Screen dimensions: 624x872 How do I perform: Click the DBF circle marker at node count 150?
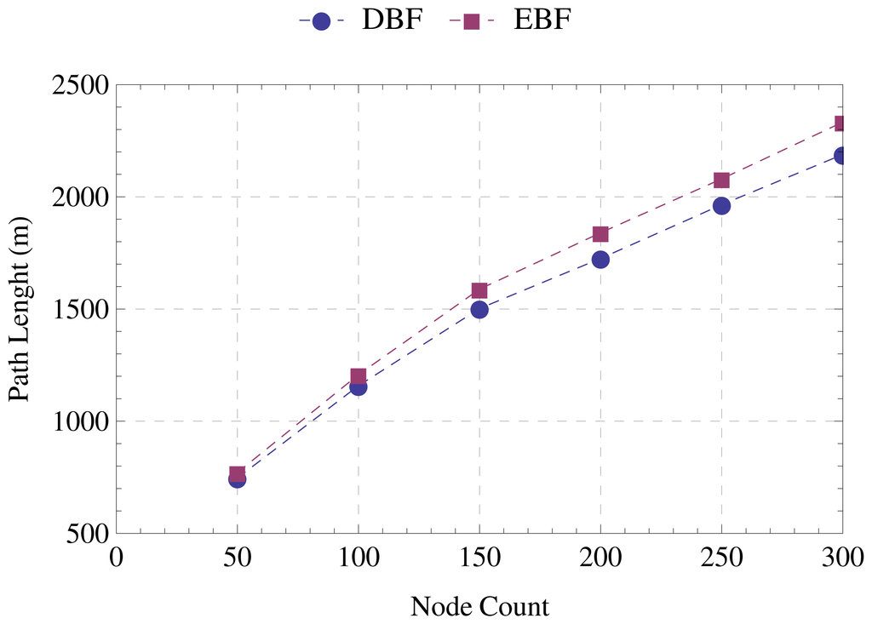479,309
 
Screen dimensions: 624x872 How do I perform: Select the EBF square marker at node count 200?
600,234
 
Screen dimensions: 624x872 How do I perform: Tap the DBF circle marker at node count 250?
721,205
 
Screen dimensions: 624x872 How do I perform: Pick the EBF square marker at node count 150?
479,290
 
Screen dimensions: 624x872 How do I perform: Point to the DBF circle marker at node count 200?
600,259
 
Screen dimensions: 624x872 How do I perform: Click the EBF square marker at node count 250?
721,180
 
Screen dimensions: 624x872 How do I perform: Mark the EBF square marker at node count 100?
358,375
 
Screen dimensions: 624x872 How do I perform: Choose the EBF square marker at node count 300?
840,123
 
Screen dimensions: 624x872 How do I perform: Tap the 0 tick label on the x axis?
116,558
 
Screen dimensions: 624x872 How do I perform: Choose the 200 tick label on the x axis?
600,558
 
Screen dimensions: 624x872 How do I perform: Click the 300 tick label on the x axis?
842,558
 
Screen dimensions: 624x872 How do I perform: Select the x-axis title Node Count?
479,606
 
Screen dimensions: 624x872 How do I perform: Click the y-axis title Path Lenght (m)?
20,309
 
